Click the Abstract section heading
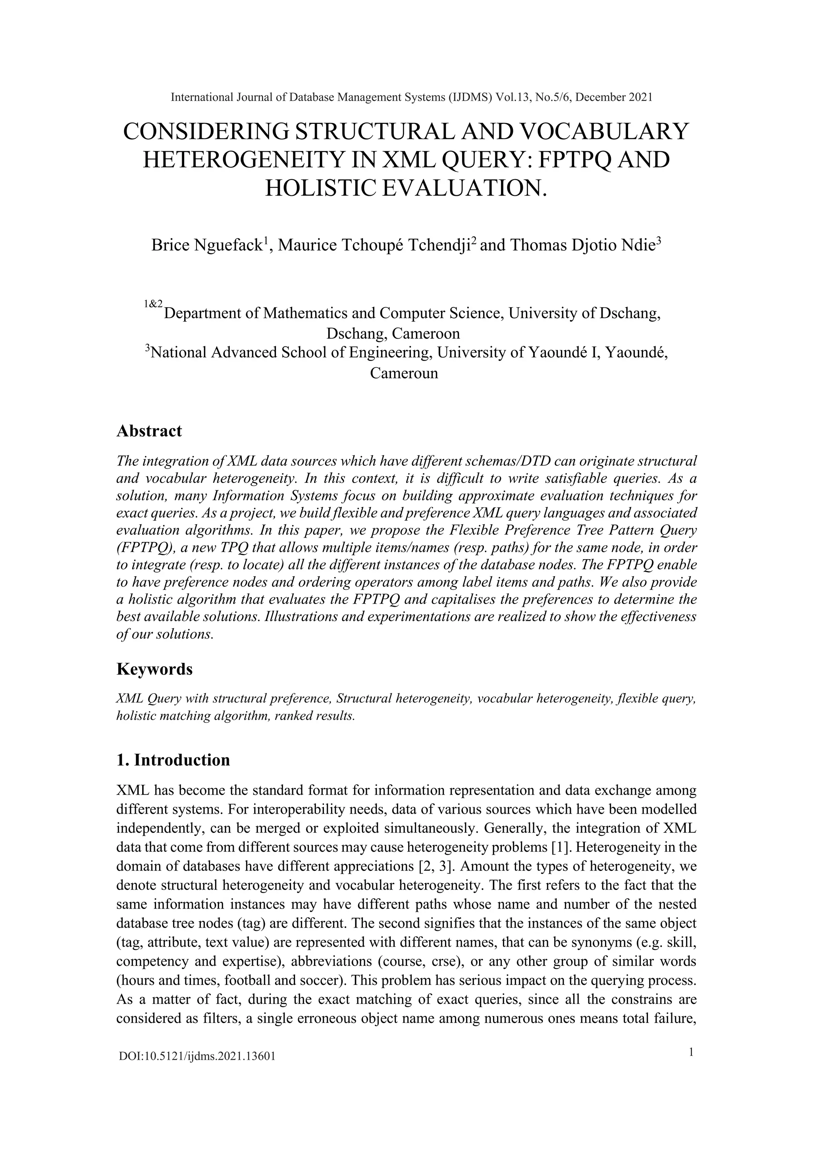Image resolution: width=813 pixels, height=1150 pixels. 149,431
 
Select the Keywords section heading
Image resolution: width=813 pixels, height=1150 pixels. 154,669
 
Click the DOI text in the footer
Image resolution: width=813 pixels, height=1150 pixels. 197,1057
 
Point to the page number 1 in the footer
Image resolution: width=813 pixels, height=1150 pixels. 692,1053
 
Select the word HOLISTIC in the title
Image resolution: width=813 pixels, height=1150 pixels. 320,188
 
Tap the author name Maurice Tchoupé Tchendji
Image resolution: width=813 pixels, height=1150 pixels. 374,245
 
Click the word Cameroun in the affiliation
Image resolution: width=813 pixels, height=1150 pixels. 404,373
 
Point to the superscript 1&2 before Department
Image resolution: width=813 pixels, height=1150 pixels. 153,304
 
